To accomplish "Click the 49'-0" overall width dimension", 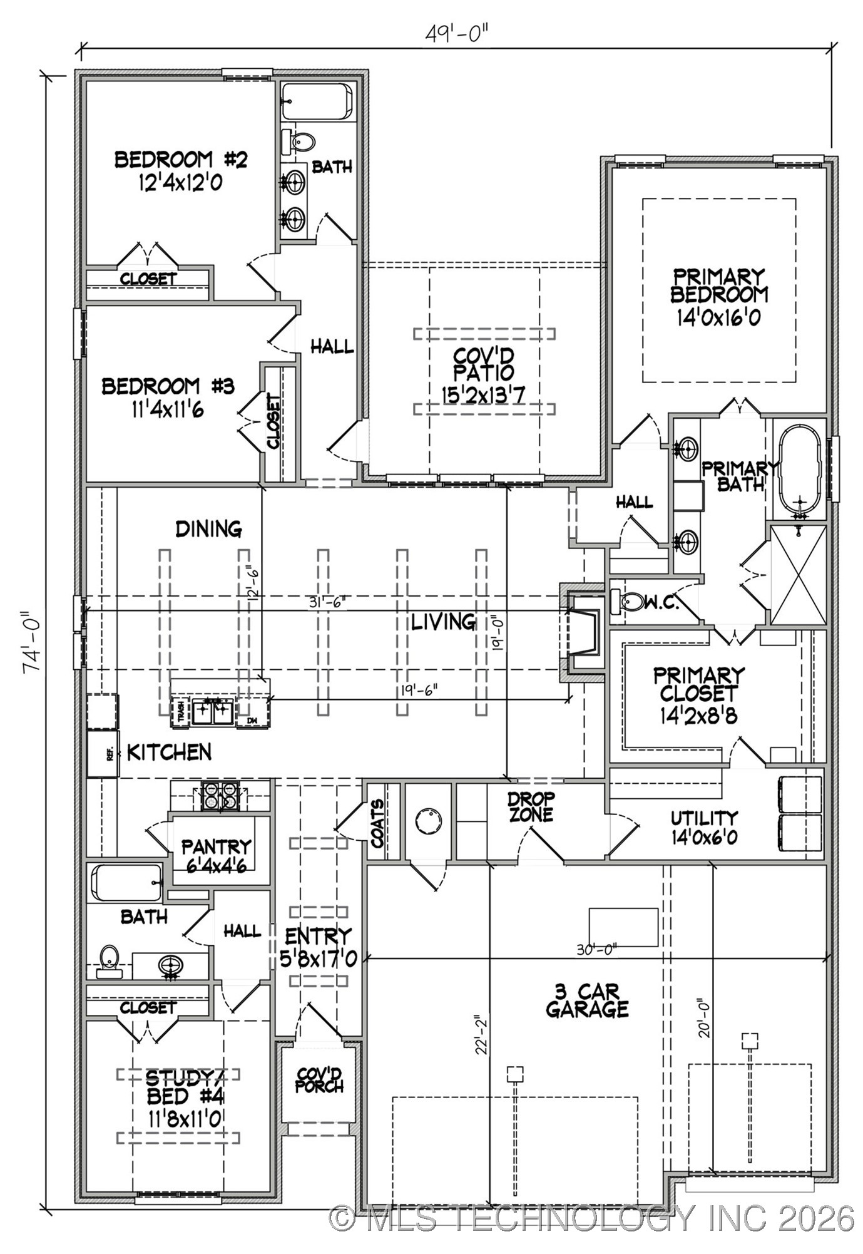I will [456, 33].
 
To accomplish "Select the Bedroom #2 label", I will [180, 170].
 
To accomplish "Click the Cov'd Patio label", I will [484, 373].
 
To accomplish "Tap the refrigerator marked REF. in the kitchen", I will [103, 754].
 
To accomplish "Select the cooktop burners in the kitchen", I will [221, 796].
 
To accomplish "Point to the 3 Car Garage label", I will [586, 1000].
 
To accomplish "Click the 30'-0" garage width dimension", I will [596, 949].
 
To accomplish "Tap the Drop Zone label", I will [531, 807].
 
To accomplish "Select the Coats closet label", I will [378, 824].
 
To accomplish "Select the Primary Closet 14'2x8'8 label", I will [698, 694].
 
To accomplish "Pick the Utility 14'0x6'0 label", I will [704, 827].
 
